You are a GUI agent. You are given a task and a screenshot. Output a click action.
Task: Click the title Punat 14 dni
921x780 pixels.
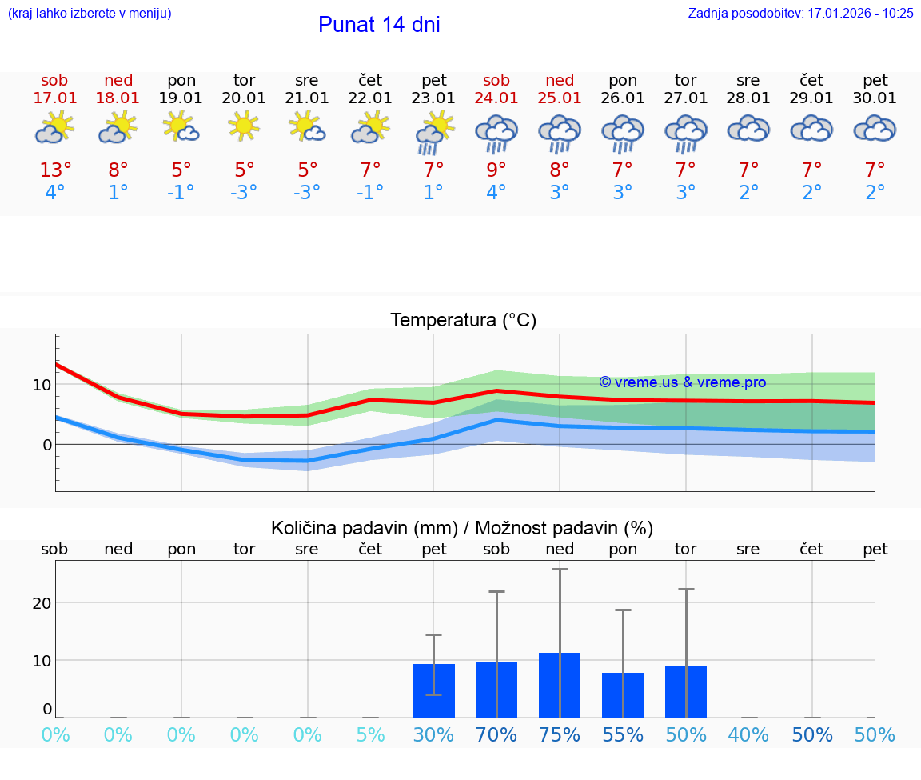click(x=379, y=25)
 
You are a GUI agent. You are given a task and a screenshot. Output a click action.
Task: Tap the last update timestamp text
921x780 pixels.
click(x=800, y=13)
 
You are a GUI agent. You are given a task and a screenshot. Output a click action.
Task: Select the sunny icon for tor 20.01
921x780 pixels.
click(x=244, y=126)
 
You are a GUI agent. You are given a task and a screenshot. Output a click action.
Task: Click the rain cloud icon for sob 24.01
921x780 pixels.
click(x=496, y=133)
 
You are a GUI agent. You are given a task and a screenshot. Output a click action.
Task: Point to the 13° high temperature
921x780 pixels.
click(x=55, y=170)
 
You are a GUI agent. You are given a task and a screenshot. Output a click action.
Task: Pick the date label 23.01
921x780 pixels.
click(x=433, y=98)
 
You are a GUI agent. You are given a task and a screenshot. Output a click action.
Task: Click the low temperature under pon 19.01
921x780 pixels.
click(x=181, y=193)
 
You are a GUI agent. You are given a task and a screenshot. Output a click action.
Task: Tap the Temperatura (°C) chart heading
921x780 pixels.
click(x=463, y=320)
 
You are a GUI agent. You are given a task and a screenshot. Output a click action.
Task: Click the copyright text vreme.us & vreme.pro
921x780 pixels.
click(x=682, y=382)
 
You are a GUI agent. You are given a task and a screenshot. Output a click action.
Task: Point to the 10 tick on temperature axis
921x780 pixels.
click(x=42, y=384)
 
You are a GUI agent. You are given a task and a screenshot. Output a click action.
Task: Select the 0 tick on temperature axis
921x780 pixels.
click(x=46, y=444)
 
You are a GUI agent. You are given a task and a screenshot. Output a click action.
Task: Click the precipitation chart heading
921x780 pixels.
click(x=462, y=528)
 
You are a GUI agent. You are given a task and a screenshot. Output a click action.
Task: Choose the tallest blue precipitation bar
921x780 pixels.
click(x=559, y=685)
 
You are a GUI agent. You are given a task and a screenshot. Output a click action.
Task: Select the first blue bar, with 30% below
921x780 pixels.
click(x=433, y=690)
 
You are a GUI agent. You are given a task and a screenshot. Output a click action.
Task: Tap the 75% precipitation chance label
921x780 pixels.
click(x=559, y=735)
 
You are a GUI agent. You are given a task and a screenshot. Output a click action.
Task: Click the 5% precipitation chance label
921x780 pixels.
click(x=370, y=735)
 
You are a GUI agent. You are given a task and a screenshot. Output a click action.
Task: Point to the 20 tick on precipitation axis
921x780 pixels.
click(x=42, y=602)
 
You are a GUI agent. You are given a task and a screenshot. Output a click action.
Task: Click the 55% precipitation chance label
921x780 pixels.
click(x=622, y=735)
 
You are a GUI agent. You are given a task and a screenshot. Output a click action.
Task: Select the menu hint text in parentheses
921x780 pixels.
click(x=90, y=13)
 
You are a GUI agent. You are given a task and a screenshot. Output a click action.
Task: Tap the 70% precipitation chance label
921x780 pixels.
click(x=496, y=735)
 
